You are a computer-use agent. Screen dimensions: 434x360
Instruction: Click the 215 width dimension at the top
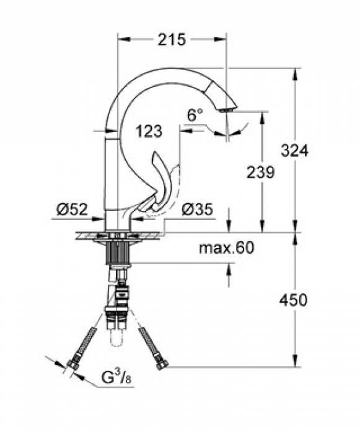[x=172, y=40]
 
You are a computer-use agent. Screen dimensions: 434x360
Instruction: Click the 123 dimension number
[x=149, y=131]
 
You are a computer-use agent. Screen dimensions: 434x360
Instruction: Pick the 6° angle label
[x=195, y=115]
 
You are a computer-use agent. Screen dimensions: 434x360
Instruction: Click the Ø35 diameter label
[x=198, y=210]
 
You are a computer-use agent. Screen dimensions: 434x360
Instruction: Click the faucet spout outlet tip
[x=227, y=109]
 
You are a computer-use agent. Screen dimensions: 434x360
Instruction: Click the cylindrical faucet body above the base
[x=114, y=180]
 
